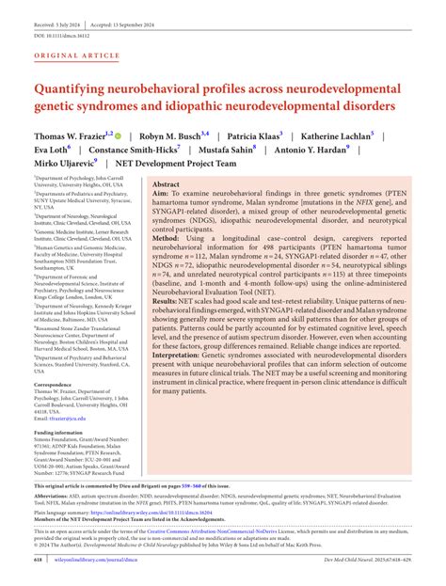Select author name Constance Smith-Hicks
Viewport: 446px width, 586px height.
point(143,150)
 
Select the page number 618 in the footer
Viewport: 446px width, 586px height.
point(39,561)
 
